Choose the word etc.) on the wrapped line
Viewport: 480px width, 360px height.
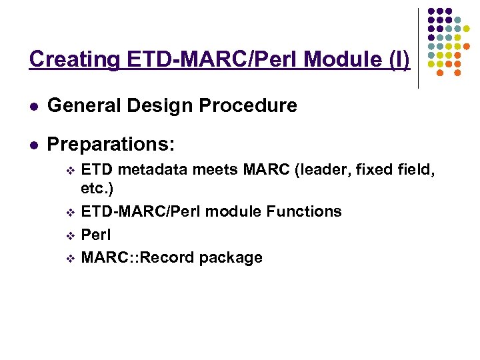pos(97,189)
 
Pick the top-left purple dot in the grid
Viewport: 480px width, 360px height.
pos(431,11)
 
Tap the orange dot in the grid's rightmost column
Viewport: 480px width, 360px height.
pos(467,47)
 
